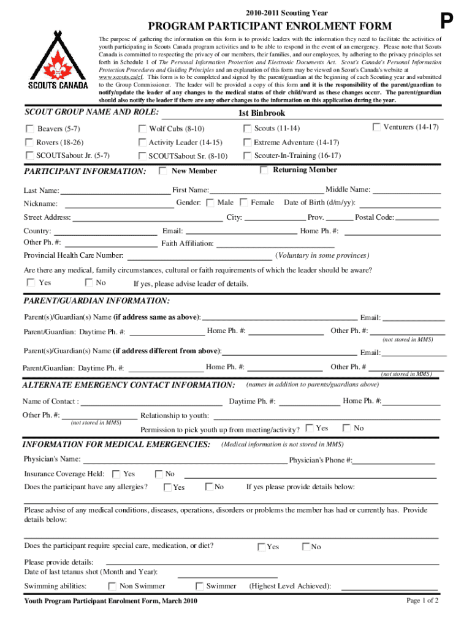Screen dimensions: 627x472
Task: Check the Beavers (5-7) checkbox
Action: pos(29,129)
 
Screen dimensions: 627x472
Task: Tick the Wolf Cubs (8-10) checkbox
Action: pos(142,129)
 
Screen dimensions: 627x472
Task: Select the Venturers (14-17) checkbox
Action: pos(376,127)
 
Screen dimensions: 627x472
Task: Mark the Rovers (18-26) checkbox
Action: pos(29,142)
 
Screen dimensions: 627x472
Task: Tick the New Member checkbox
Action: pos(162,171)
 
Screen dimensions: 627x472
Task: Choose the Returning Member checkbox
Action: pos(264,170)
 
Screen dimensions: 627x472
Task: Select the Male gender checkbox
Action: pos(210,202)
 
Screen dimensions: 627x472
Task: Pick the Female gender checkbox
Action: pos(244,202)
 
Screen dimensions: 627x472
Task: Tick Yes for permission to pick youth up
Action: pos(310,428)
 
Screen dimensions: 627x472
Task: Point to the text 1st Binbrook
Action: pos(262,113)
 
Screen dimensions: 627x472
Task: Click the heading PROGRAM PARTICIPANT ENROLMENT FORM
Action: pos(268,26)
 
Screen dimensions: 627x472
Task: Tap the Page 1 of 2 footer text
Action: pos(422,600)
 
